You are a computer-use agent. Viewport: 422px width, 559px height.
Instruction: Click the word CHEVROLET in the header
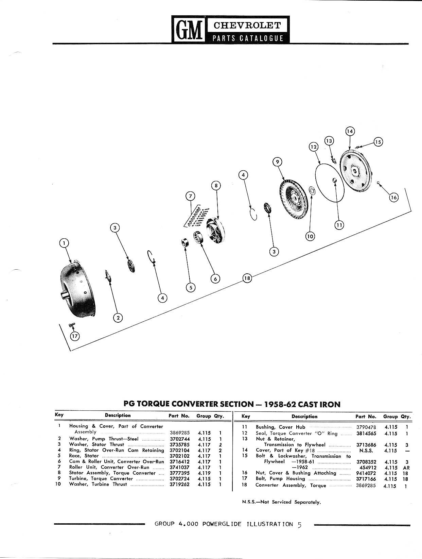[x=247, y=26]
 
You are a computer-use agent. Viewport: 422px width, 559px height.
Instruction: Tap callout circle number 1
[x=64, y=243]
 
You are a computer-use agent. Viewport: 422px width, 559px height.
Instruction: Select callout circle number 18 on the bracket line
[x=247, y=278]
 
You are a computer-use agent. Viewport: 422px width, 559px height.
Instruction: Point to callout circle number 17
[x=75, y=336]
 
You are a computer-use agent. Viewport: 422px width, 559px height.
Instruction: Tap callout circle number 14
[x=350, y=131]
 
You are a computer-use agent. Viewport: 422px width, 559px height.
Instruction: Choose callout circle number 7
[x=190, y=196]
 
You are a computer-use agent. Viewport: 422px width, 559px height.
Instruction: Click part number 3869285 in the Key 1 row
[x=180, y=433]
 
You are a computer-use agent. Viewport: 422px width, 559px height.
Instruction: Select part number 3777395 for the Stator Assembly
[x=180, y=473]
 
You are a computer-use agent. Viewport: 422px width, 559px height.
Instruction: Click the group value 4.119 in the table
[x=204, y=473]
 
